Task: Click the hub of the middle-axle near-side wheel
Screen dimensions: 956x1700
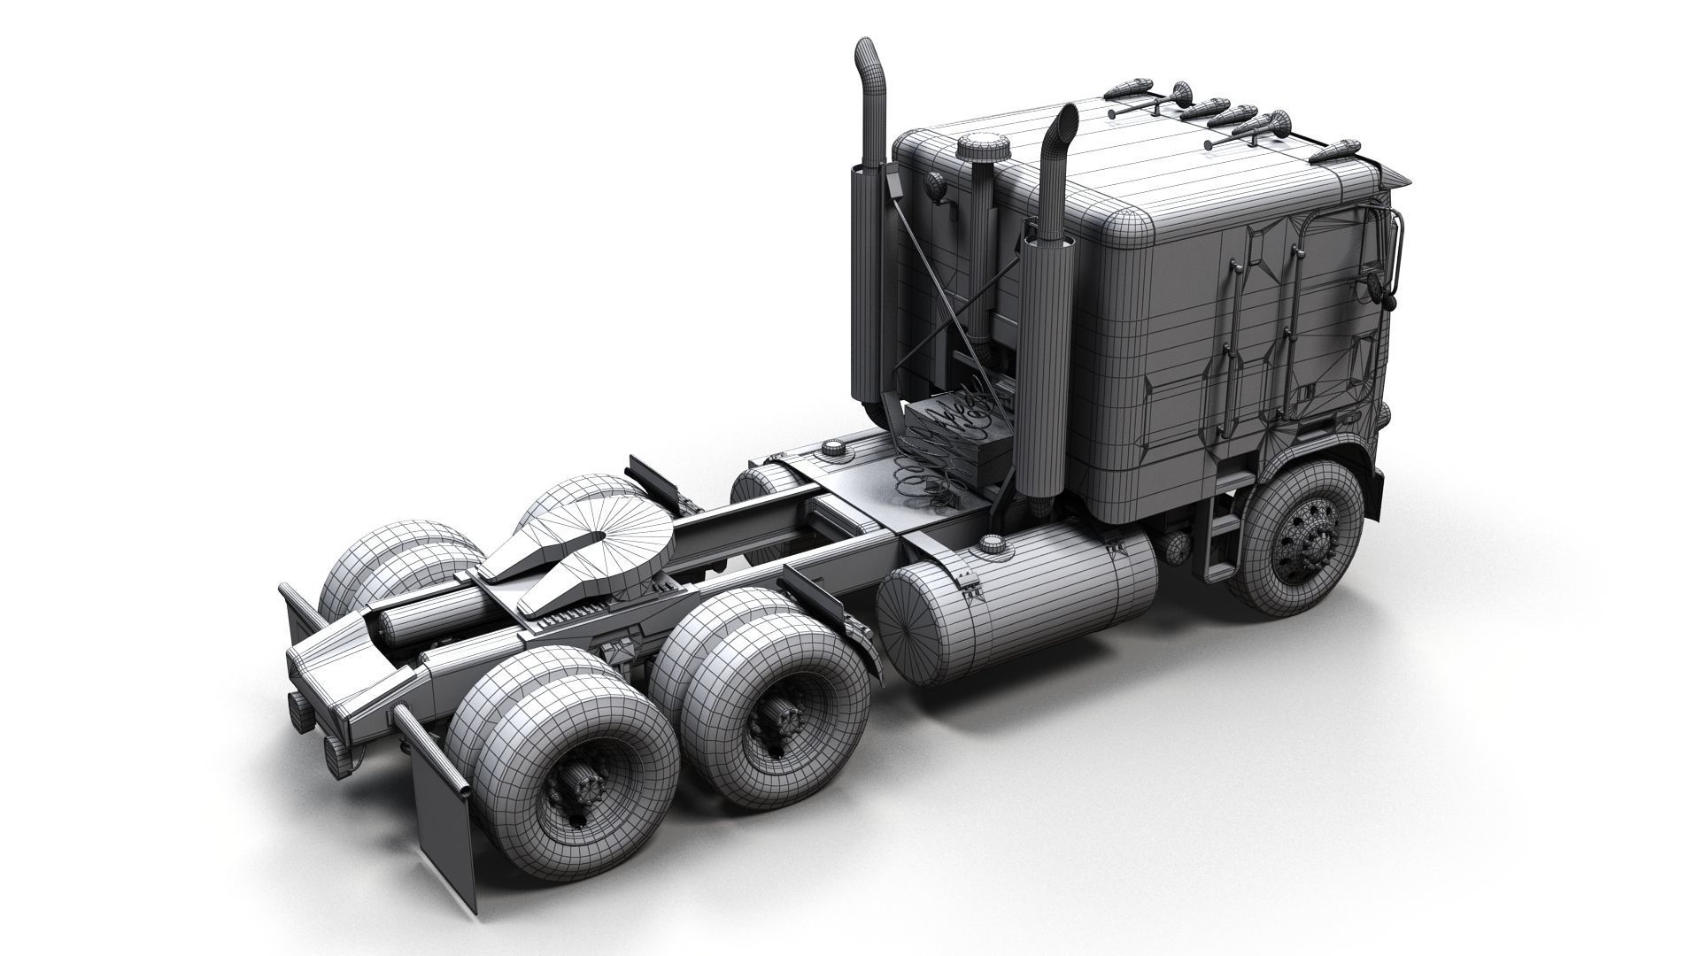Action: point(779,717)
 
